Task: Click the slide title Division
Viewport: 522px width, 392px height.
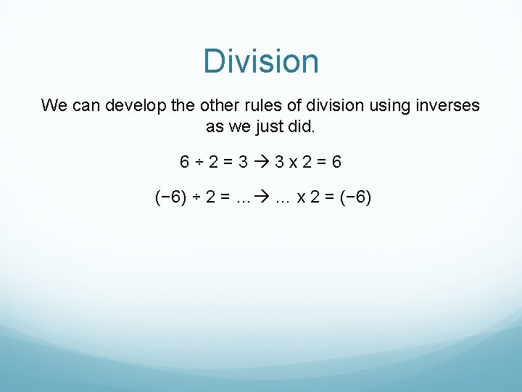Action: (x=261, y=61)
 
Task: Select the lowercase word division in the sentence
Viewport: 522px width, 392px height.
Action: (x=326, y=106)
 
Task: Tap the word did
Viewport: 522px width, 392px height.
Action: (x=303, y=126)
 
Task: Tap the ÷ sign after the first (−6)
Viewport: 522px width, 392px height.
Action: (x=198, y=197)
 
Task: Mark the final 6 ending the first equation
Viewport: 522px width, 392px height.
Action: (x=336, y=162)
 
